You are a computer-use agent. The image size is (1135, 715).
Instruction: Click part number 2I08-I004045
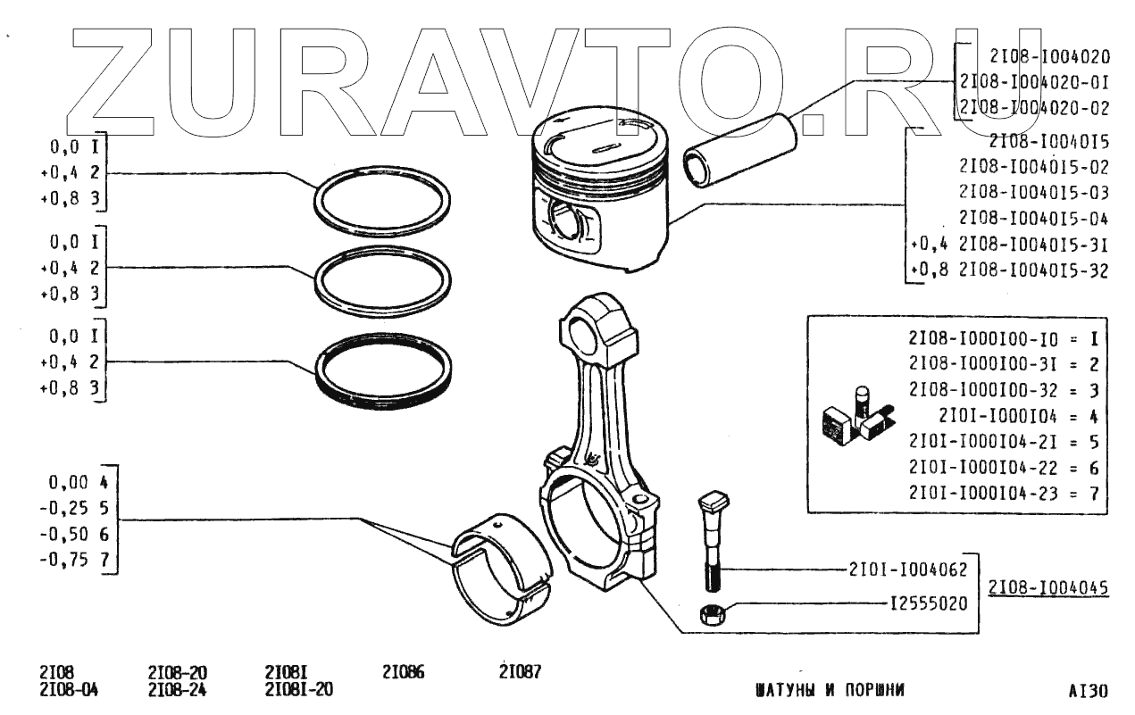pyautogui.click(x=1047, y=587)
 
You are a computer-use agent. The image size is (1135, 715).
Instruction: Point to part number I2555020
pyautogui.click(x=928, y=603)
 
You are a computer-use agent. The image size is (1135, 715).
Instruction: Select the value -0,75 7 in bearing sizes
pyautogui.click(x=79, y=560)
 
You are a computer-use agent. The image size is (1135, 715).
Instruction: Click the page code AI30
pyautogui.click(x=1087, y=690)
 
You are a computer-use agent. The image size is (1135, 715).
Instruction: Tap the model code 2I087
pyautogui.click(x=521, y=672)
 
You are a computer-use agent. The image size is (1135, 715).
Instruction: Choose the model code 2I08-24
pyautogui.click(x=177, y=689)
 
